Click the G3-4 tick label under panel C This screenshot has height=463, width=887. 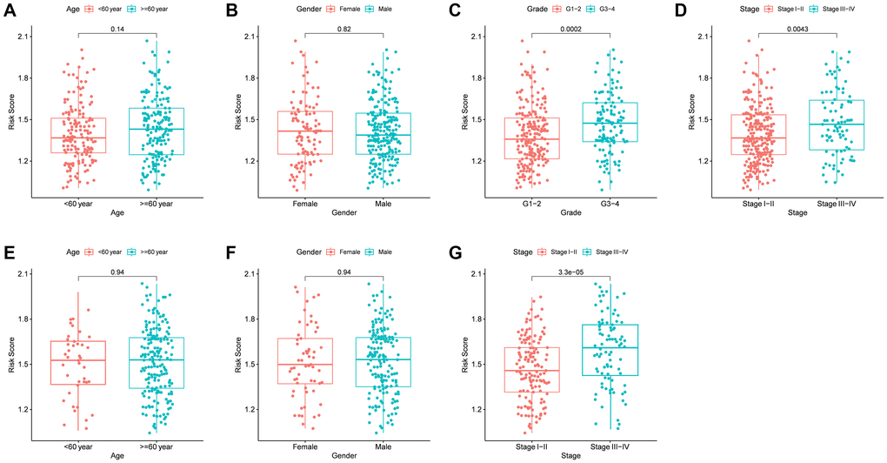[599, 205]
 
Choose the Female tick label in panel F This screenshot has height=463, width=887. [292, 442]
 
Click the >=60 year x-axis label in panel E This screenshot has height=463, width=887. [157, 442]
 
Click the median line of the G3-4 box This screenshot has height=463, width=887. [599, 124]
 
